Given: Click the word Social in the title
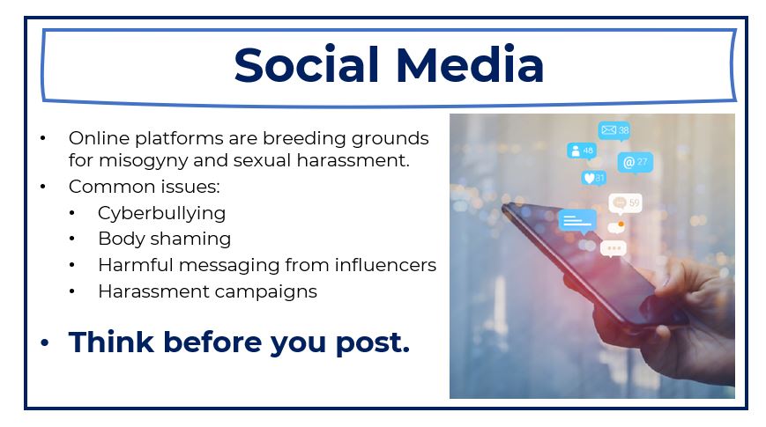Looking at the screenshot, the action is [306, 64].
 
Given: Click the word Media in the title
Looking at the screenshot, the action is [470, 64].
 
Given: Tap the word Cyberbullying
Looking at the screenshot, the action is [161, 214].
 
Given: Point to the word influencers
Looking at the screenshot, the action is [385, 265].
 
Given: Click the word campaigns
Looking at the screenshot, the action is [265, 291].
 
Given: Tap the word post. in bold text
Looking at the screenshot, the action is [372, 343].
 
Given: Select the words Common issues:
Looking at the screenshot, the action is [144, 187].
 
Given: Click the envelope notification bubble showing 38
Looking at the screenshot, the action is [614, 130].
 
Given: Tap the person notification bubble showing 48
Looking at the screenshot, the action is [582, 151].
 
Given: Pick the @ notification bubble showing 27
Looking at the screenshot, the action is [635, 163].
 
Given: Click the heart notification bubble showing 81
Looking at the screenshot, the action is [594, 178].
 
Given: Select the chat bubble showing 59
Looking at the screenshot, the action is [625, 203].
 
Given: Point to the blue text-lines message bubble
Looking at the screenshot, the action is [577, 221].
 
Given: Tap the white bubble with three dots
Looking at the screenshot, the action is [614, 249].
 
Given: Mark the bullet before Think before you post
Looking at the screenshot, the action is [45, 342].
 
